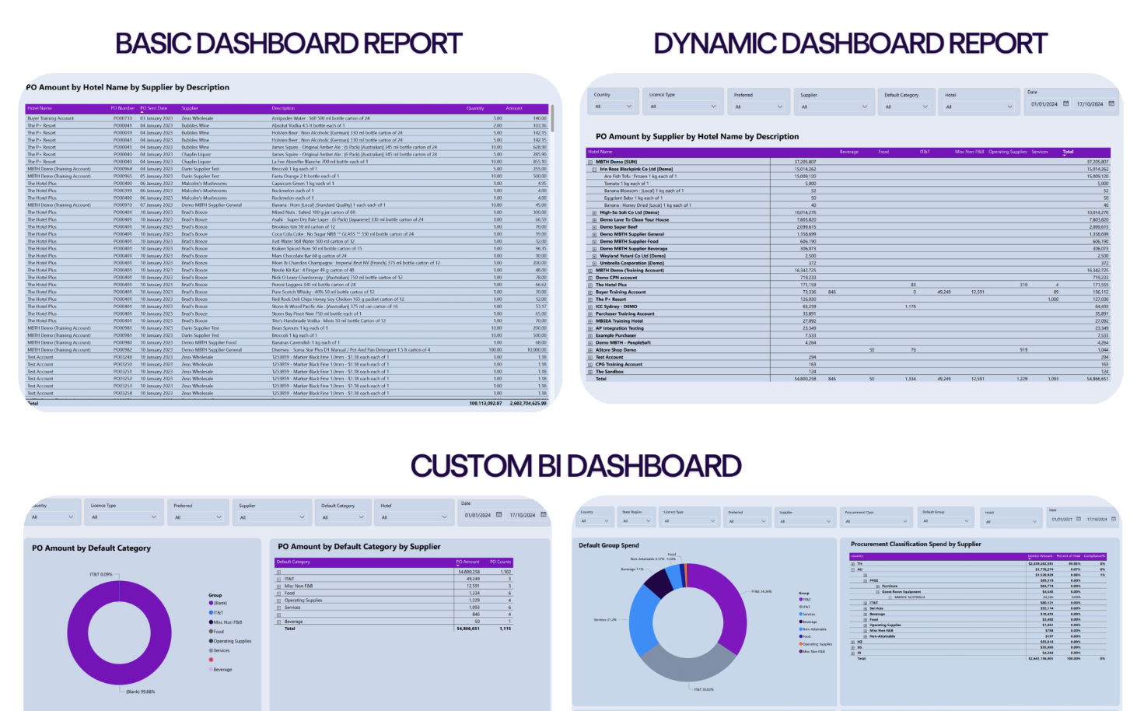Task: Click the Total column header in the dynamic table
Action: pyautogui.click(x=1068, y=152)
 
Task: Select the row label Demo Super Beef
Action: pyautogui.click(x=618, y=227)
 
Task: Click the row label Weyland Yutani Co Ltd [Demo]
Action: pyautogui.click(x=631, y=256)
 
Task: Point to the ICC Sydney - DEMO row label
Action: pyautogui.click(x=616, y=306)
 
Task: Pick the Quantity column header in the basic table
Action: pyautogui.click(x=474, y=109)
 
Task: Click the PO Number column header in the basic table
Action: pyautogui.click(x=122, y=109)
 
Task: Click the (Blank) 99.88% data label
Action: pyautogui.click(x=140, y=692)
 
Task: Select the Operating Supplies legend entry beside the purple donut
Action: pyautogui.click(x=232, y=641)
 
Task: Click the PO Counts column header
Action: pyautogui.click(x=500, y=562)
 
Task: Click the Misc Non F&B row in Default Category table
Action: pyautogui.click(x=299, y=586)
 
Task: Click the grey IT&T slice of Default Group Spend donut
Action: pyautogui.click(x=684, y=661)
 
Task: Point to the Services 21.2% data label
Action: pyautogui.click(x=605, y=620)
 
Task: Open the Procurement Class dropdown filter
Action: pyautogui.click(x=874, y=520)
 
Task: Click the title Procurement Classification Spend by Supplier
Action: pyautogui.click(x=915, y=545)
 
